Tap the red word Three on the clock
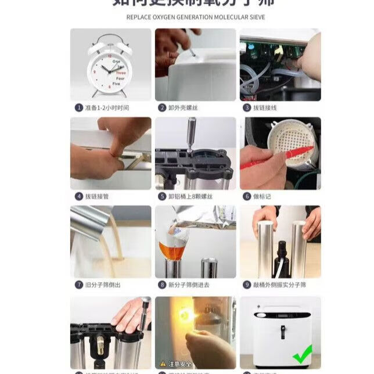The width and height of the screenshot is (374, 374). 120,73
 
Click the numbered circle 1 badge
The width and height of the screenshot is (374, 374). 78,107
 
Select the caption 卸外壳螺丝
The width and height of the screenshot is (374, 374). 182,107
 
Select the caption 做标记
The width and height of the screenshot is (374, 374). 261,196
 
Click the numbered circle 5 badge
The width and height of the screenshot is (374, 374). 162,196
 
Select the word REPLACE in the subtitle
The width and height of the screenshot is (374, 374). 139,17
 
